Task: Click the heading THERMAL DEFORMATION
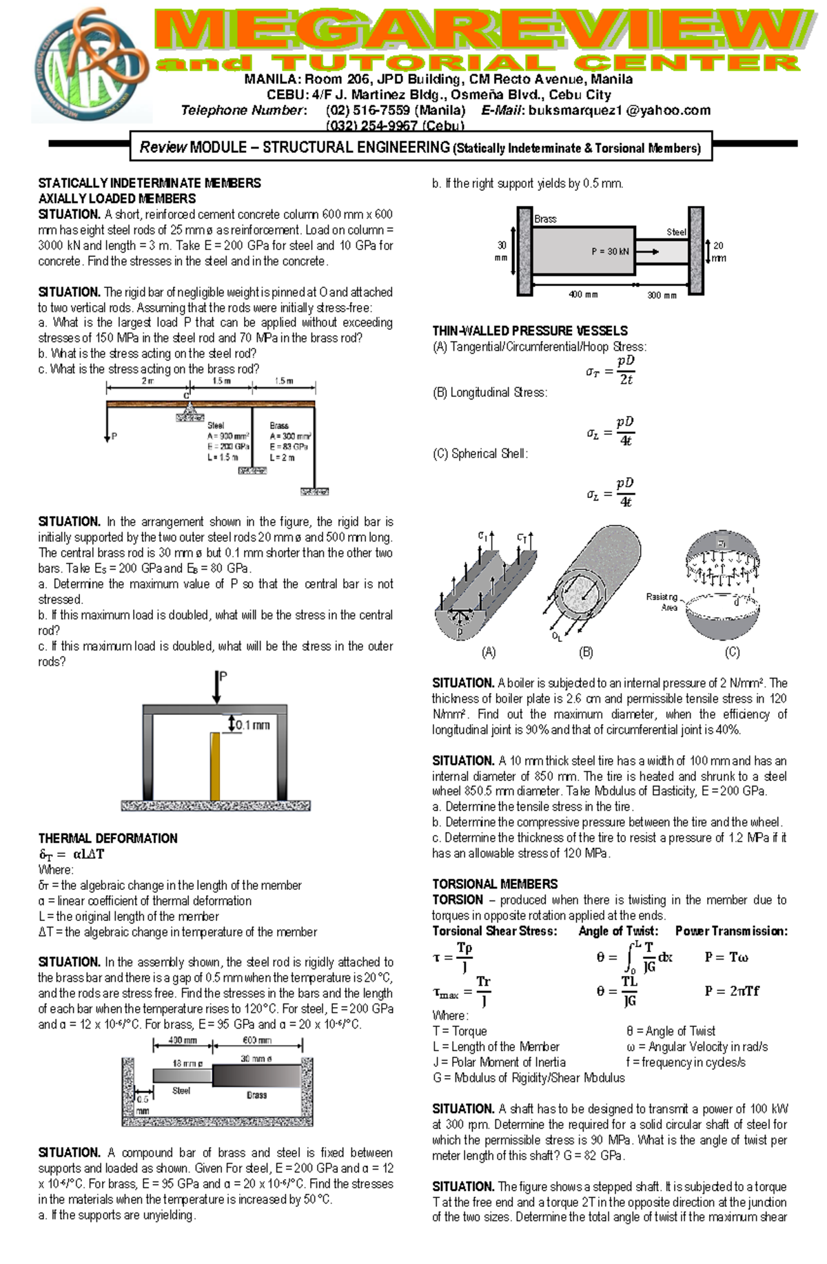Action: pos(108,838)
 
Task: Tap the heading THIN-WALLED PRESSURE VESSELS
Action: pos(529,331)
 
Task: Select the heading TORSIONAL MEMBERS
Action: pos(495,884)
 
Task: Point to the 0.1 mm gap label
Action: pos(252,725)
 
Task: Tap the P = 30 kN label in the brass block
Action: pos(610,251)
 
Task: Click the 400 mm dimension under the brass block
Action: pos(583,295)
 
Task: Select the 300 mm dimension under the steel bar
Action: pos(662,295)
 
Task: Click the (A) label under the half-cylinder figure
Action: pos(488,652)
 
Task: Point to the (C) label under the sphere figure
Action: pos(732,652)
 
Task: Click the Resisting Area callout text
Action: pos(661,602)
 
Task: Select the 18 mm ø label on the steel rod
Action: pos(187,1064)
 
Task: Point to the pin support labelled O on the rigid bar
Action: pos(188,411)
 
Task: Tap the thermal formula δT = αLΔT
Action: pos(71,854)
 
